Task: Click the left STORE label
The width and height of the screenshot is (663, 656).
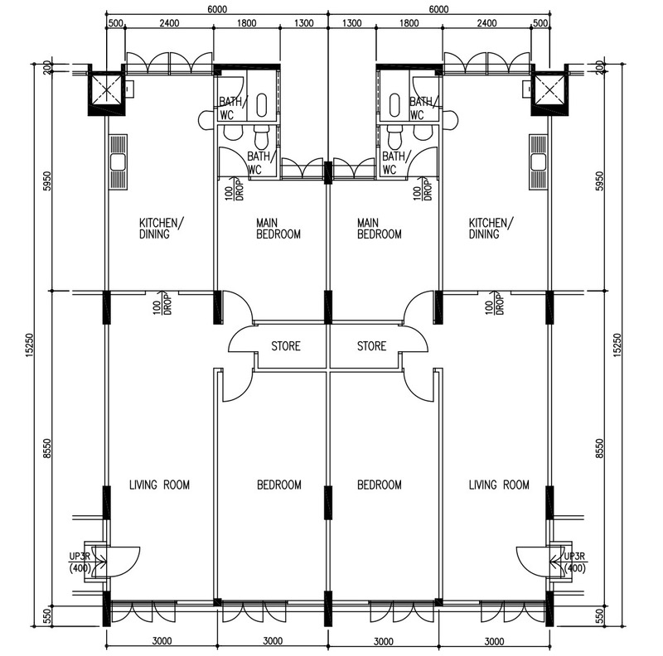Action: tap(286, 346)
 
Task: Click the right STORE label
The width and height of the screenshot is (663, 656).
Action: tap(371, 346)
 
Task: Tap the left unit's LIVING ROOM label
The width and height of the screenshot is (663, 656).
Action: tap(159, 485)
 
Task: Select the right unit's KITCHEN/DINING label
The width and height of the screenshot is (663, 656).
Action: tap(491, 229)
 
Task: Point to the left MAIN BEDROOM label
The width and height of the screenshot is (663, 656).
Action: tap(278, 229)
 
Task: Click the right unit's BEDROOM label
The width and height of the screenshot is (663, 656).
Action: tap(380, 485)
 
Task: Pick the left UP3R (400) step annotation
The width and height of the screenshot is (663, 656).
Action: tap(80, 562)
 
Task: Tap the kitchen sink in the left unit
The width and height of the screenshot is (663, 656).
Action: tap(118, 162)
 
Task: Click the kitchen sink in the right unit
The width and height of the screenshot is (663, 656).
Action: tap(538, 162)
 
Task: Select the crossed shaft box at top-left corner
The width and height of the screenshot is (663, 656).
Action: tap(106, 89)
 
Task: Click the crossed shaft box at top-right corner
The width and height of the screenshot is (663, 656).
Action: tap(549, 89)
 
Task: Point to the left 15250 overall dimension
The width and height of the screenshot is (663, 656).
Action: tap(30, 345)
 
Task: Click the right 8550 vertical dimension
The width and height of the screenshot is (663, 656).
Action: tap(599, 448)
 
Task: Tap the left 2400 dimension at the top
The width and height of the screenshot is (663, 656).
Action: tap(169, 23)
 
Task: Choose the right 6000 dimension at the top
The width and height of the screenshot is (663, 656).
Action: tap(438, 9)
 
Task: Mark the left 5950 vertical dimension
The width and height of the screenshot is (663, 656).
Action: tap(47, 181)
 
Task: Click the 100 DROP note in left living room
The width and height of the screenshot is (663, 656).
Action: tap(162, 303)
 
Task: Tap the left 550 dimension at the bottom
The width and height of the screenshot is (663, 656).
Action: tap(47, 616)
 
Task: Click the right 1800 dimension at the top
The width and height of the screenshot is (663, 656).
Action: tap(409, 23)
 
